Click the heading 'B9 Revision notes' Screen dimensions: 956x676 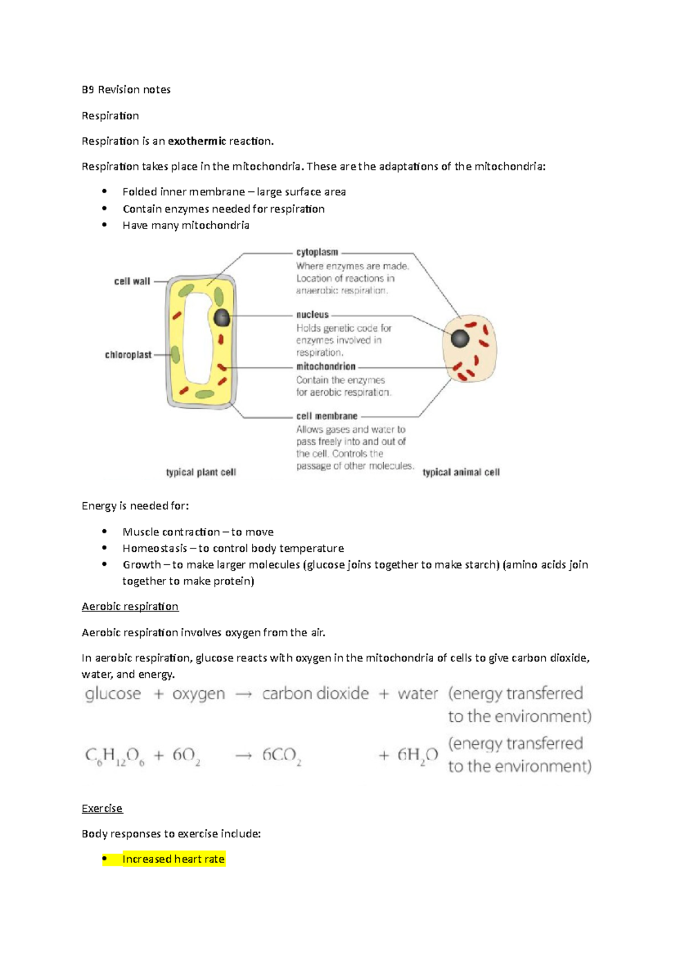126,90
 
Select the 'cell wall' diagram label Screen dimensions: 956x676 132,281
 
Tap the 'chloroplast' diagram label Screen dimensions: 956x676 128,355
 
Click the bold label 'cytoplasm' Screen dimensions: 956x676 317,252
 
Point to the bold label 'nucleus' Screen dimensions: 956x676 312,315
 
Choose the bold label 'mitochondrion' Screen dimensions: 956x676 326,367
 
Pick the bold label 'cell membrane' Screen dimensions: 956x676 327,416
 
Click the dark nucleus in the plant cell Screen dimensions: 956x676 221,318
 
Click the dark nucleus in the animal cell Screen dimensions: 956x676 460,338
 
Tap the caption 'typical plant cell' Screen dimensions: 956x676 201,472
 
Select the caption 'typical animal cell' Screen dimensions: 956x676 461,472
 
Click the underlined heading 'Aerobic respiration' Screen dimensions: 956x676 130,606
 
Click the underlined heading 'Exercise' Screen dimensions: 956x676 102,808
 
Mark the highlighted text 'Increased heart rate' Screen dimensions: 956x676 173,859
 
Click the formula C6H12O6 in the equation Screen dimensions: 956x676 115,756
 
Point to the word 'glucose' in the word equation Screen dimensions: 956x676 113,694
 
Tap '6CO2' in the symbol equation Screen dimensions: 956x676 281,756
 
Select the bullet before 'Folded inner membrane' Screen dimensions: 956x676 105,191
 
